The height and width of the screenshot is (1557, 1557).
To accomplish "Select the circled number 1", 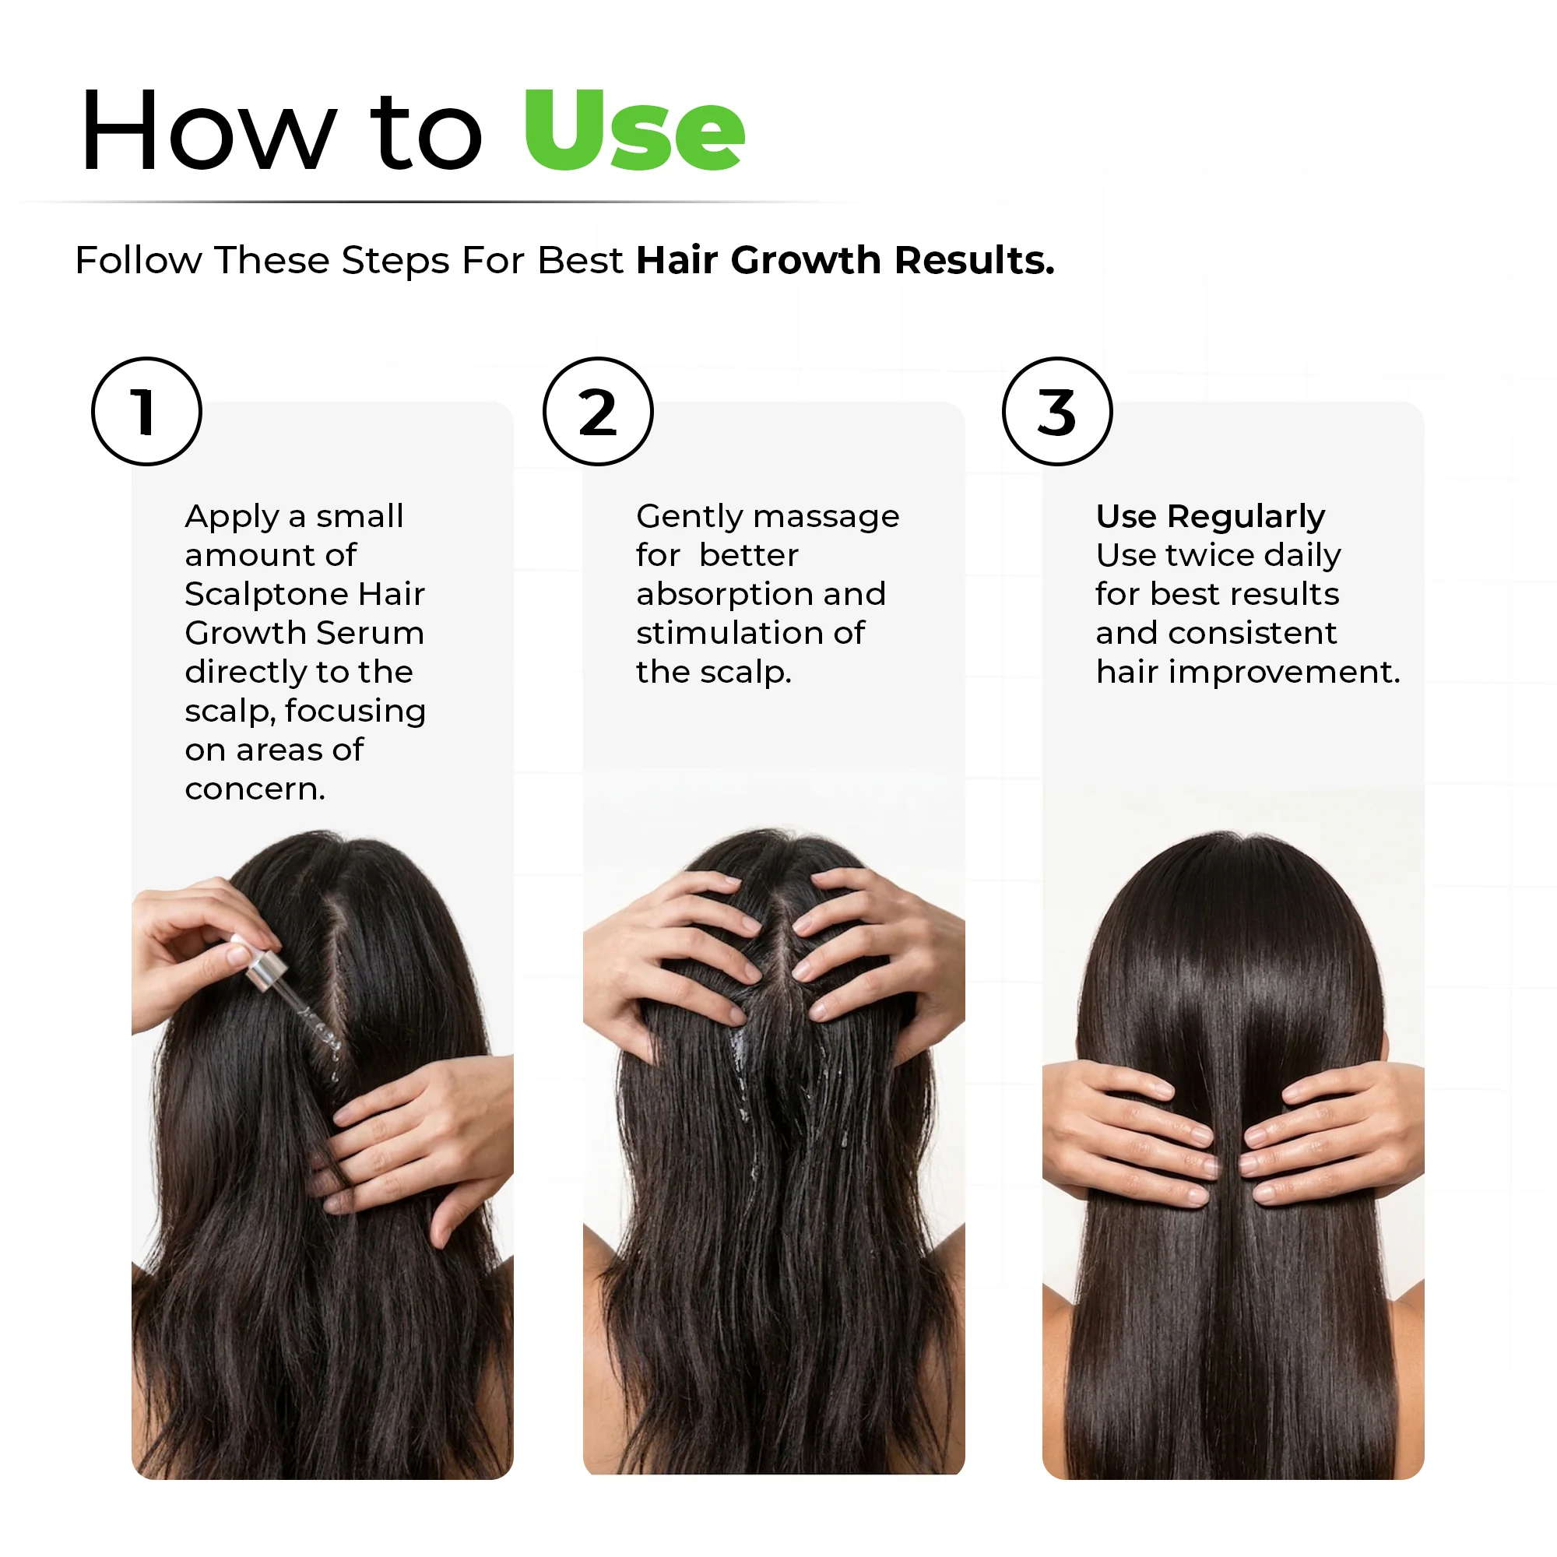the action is (x=146, y=411).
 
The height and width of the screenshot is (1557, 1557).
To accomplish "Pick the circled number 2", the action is (x=598, y=411).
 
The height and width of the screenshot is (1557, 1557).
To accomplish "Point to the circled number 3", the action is (x=1057, y=411).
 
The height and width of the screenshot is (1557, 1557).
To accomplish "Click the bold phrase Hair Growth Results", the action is (x=845, y=260).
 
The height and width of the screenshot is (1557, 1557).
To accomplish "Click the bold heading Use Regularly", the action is (x=1211, y=517).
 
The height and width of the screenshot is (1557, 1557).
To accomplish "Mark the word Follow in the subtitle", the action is (x=139, y=260).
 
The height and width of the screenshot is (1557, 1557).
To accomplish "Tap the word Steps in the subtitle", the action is (x=395, y=261).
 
